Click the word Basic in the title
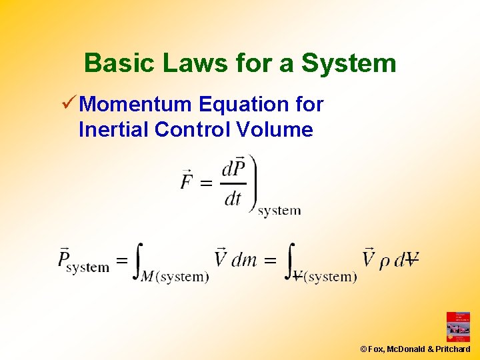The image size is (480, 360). [x=111, y=63]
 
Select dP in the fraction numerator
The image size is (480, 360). [x=233, y=167]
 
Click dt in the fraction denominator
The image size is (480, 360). [x=233, y=198]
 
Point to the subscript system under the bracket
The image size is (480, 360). [x=279, y=211]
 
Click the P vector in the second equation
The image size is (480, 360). [x=65, y=257]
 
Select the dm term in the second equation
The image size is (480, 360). [x=244, y=259]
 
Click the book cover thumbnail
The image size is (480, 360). [x=458, y=327]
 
